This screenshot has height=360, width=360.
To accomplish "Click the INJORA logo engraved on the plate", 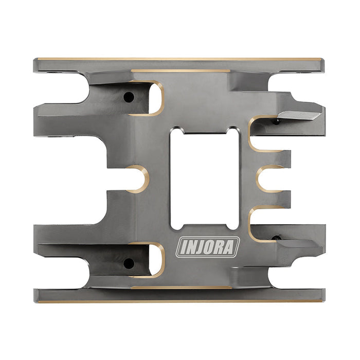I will (208, 247).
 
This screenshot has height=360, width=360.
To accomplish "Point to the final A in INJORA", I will (232, 247).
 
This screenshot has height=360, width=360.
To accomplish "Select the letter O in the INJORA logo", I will (211, 247).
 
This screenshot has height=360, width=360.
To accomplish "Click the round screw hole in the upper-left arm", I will (128, 97).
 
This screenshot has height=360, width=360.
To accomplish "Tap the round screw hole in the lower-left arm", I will (129, 263).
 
